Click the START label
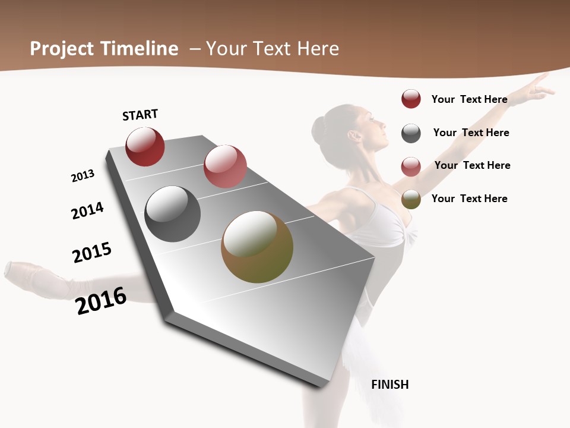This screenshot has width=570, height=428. coord(140,115)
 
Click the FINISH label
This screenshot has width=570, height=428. coord(390,385)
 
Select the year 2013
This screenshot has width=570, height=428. coord(83,176)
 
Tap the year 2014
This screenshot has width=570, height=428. coord(87,210)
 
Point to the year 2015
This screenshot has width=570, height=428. coord(92,252)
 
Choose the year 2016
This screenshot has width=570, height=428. coord(101,300)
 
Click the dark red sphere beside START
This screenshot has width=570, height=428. coord(145,147)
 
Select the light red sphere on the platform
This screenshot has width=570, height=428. coord(225,166)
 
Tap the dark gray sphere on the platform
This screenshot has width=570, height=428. coord(172,214)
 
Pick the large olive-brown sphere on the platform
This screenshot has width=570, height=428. coord(257,247)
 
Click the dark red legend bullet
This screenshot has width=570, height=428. coord(411,99)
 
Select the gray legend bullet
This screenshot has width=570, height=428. coord(411,133)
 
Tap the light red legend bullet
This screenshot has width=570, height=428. coord(411,166)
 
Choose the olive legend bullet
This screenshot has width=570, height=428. coord(411,200)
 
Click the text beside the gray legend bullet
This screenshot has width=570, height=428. coord(471,133)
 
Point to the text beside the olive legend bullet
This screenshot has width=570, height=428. coord(469,199)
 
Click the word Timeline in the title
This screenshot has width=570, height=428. coord(140,49)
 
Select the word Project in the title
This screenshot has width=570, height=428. coord(62,49)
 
